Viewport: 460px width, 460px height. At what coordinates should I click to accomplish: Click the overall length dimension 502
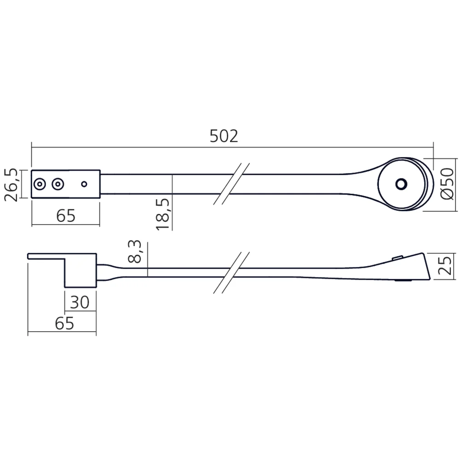coord(224,136)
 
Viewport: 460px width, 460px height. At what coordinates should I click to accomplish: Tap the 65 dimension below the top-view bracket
coord(65,215)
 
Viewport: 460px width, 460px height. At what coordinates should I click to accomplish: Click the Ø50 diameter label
coord(447,184)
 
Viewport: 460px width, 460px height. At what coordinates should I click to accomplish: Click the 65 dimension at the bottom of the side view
coord(64,323)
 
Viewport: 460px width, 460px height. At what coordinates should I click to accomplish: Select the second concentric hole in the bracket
coord(57,184)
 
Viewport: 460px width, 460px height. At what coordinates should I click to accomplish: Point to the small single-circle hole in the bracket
coord(84,184)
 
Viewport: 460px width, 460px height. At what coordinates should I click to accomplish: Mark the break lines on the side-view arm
coord(231,272)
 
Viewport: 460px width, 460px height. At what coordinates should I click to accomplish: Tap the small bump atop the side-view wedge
coord(397,258)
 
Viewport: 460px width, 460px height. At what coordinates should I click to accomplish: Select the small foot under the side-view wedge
coord(403,281)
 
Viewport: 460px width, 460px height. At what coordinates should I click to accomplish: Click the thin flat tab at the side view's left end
coord(46,256)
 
